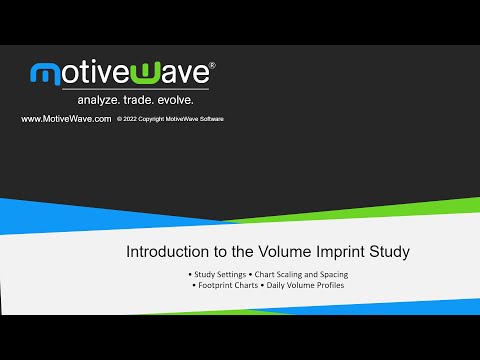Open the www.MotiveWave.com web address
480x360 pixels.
tap(65, 119)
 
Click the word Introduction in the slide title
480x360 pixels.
tap(165, 252)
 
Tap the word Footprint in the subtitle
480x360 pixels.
tap(216, 287)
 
